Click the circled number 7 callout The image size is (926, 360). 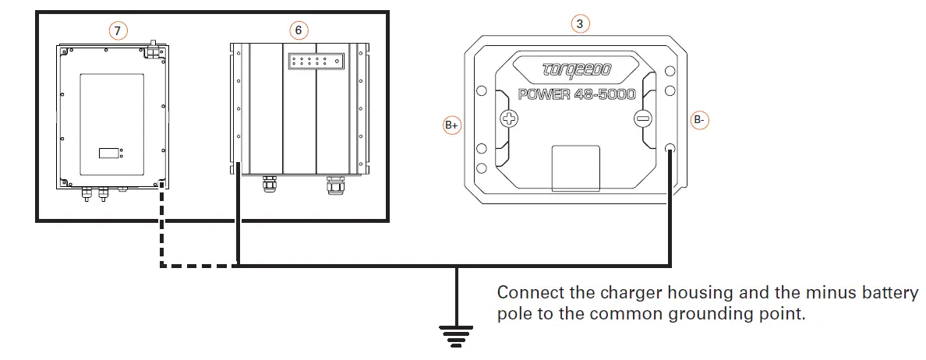tap(117, 30)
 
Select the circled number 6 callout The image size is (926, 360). tap(299, 30)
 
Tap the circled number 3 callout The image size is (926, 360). tap(578, 24)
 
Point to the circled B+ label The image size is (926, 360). tap(452, 125)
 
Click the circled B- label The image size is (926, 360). tap(699, 121)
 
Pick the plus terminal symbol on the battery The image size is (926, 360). tap(509, 119)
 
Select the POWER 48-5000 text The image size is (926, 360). tap(577, 94)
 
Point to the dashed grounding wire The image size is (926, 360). tap(161, 234)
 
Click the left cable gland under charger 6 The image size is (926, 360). tap(268, 185)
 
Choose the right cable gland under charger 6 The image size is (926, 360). tap(336, 185)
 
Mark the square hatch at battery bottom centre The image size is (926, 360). tap(575, 168)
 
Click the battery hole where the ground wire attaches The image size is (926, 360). tap(670, 148)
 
